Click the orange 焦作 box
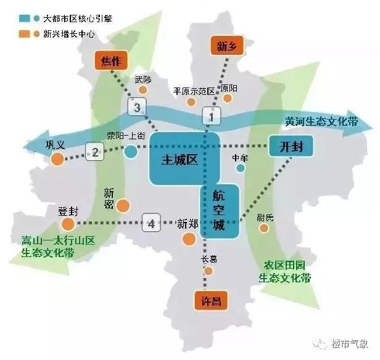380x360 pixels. pos(110,61)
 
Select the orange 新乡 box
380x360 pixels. pos(223,45)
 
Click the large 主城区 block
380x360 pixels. pos(180,158)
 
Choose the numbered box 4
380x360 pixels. pos(151,223)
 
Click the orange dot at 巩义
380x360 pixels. pos(57,160)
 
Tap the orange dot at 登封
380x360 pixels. pos(68,223)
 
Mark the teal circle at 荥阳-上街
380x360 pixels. pos(131,151)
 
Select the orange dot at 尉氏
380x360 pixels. pos(264,228)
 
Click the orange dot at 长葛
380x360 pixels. pos(209,271)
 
